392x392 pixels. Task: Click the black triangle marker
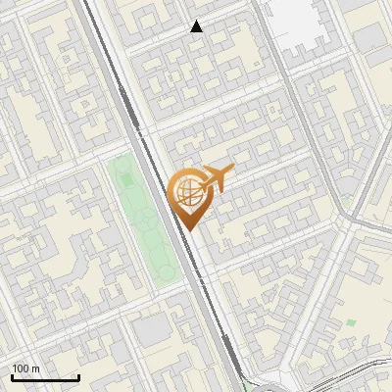tap(197, 26)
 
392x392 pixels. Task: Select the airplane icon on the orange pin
tap(215, 177)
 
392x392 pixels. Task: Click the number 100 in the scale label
tap(20, 368)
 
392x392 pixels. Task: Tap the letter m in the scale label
tap(36, 368)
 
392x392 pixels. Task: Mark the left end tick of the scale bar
tap(12, 376)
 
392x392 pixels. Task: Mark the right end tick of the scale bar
tap(78, 376)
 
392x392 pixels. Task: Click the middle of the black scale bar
tap(45, 378)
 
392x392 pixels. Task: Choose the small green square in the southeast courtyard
tap(351, 322)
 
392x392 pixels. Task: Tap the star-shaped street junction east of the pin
tap(344, 220)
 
